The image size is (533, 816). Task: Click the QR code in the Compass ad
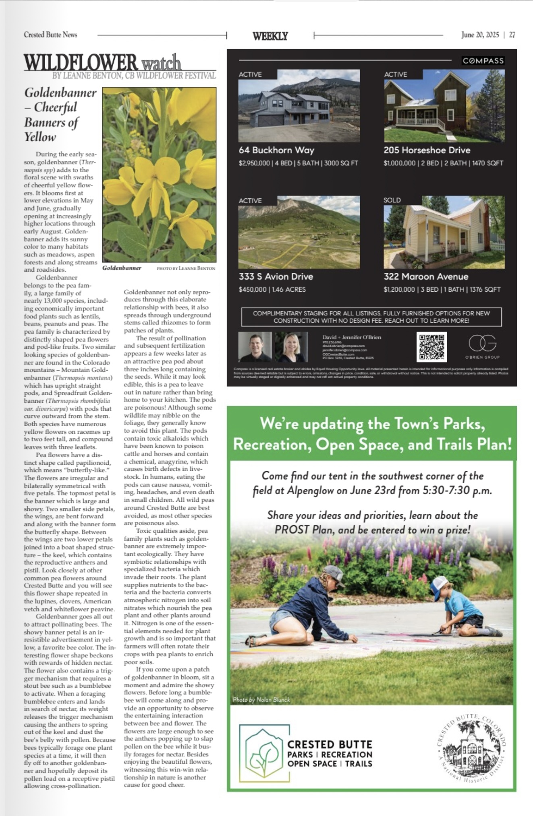(431, 347)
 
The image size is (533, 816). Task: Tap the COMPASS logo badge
(483, 61)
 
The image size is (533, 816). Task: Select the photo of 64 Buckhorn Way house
(299, 106)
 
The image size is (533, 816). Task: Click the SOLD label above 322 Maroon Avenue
(392, 200)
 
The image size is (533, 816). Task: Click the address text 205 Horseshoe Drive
(427, 150)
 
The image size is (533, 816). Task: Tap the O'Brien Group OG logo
(482, 344)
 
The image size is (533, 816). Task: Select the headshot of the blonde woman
(291, 347)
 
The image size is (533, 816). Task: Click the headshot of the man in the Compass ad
(255, 347)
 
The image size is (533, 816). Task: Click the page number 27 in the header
(512, 35)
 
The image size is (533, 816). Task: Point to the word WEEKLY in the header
(270, 36)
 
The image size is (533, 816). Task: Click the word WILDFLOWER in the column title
(81, 62)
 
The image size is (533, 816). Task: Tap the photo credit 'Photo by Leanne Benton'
(186, 268)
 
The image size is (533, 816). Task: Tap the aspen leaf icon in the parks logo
(264, 753)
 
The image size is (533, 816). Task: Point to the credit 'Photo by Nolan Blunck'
(261, 700)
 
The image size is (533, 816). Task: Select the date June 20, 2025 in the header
(480, 35)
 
